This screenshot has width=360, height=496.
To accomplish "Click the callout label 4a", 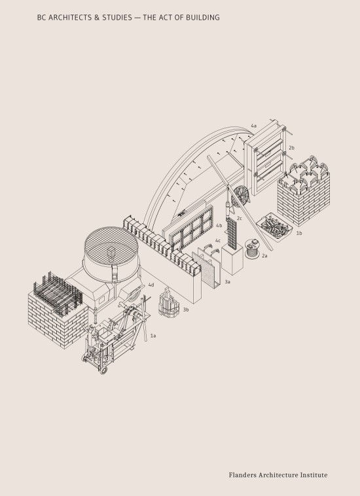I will [253, 125].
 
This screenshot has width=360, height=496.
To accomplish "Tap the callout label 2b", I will [292, 149].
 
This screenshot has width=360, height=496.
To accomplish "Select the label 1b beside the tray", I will [298, 233].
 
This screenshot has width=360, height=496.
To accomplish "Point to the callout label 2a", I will [264, 256].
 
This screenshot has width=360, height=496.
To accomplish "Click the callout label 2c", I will [240, 219].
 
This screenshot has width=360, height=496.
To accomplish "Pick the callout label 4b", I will [219, 226].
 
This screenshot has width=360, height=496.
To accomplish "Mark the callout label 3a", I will [227, 281].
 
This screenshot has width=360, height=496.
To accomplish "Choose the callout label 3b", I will [186, 310].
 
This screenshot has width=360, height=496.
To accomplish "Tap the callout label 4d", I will [151, 285].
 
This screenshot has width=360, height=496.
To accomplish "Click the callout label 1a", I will [153, 336].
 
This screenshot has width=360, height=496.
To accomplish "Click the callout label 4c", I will [217, 241].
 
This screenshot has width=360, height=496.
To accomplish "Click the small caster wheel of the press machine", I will [103, 370].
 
